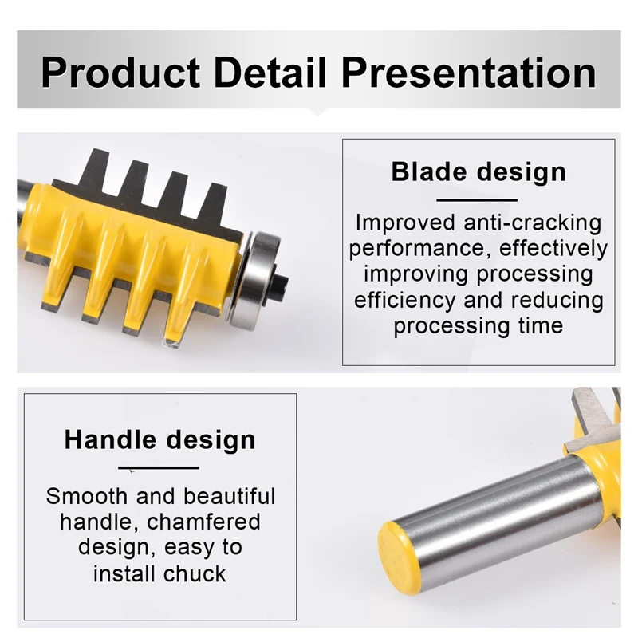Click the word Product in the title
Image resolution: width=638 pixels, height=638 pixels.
tap(120, 73)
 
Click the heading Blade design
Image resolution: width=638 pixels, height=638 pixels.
tap(478, 172)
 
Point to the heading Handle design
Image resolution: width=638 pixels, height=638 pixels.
tap(160, 440)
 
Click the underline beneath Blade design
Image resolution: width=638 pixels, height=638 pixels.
tap(477, 200)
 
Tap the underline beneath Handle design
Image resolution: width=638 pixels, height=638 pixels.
tap(159, 468)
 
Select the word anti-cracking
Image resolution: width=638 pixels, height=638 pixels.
tap(532, 223)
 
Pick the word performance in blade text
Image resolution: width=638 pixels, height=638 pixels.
tap(420, 249)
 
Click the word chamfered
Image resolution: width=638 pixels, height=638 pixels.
tap(203, 522)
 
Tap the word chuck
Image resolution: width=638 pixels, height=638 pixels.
tap(195, 573)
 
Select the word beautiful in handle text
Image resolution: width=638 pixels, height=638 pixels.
tap(229, 497)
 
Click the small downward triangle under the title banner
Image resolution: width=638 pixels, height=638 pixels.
tap(317, 112)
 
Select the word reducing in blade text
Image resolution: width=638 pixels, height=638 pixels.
tap(557, 301)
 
